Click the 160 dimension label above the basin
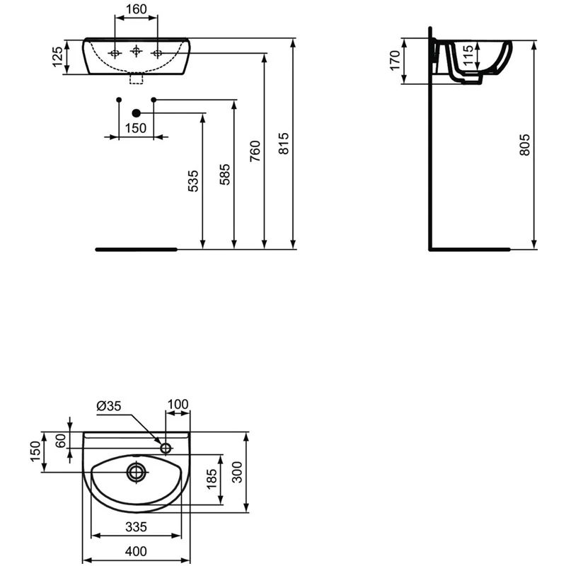[136, 11]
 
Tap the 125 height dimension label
[57, 57]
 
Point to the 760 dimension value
[255, 151]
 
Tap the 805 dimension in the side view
[524, 145]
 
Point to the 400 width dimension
[136, 550]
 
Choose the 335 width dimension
[136, 526]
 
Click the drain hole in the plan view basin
[136, 471]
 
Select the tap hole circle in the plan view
[166, 448]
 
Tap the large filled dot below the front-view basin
[137, 112]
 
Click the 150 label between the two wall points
[136, 128]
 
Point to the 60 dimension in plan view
[62, 439]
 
